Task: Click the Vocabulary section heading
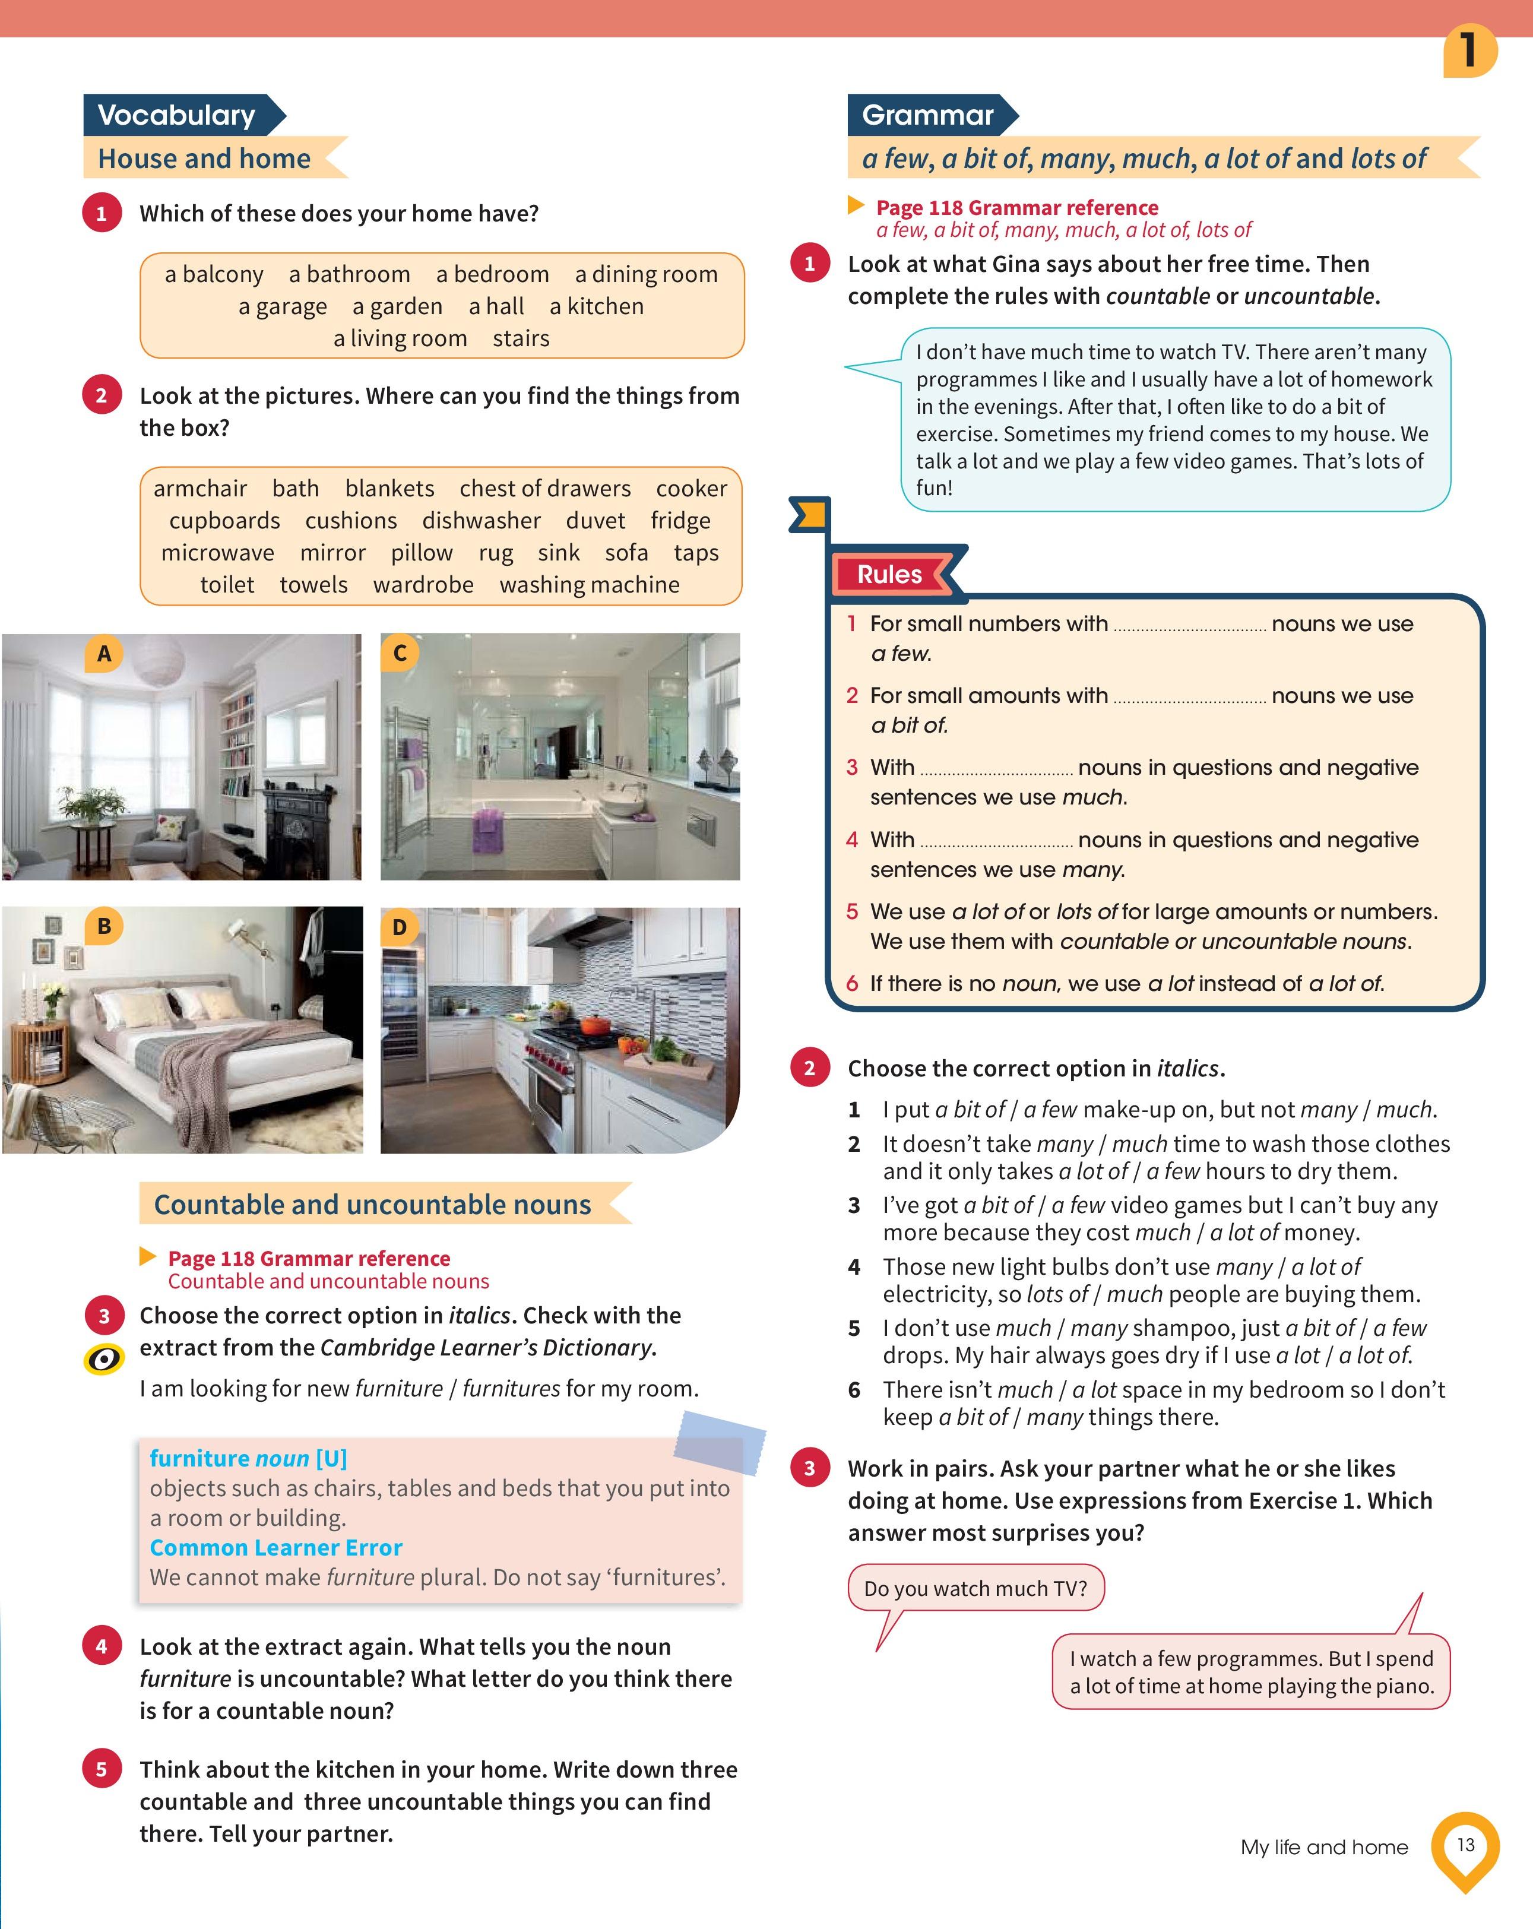[177, 115]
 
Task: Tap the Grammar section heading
[928, 115]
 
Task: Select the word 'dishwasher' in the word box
[482, 521]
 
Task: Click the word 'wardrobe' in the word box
[423, 585]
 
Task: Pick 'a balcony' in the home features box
[214, 275]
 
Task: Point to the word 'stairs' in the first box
[521, 339]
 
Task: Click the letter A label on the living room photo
[104, 654]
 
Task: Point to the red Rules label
[889, 574]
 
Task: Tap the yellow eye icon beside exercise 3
[104, 1360]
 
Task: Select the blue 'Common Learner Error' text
[275, 1548]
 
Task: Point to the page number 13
[1465, 1845]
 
